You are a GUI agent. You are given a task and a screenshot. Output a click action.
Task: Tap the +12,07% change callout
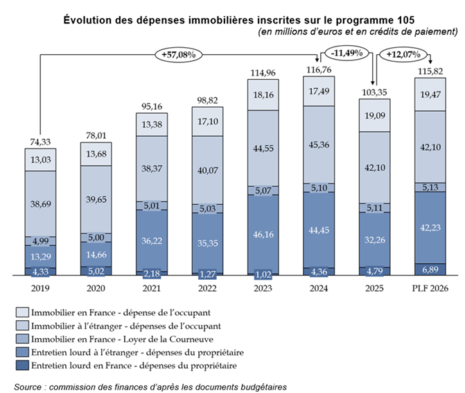tap(404, 53)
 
